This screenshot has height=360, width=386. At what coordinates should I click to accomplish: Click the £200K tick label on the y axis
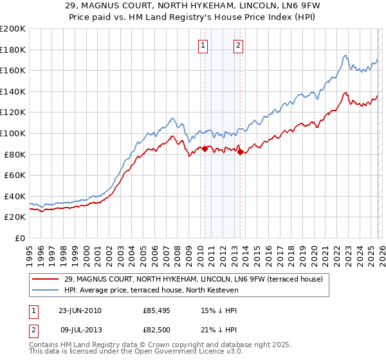coord(13,28)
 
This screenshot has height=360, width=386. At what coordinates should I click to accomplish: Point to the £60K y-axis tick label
coord(15,175)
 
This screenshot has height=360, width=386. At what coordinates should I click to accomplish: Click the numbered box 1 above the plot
coord(203,45)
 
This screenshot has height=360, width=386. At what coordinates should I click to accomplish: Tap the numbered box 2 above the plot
coord(238,45)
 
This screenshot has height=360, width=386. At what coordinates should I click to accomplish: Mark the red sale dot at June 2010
coord(205,148)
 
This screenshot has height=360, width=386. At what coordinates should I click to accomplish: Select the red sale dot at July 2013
coord(240,152)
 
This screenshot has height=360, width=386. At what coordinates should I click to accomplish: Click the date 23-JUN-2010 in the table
coord(80,310)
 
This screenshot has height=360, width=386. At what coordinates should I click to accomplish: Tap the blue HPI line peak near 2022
coord(345,56)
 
